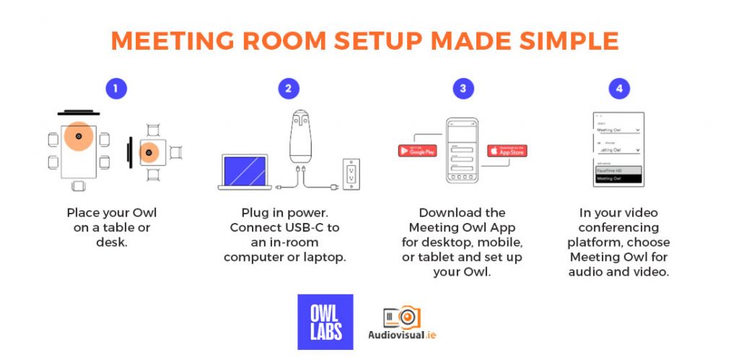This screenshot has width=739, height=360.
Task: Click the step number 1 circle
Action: (x=115, y=89)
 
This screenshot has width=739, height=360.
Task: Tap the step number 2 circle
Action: (x=289, y=89)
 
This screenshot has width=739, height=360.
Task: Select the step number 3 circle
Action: (x=463, y=89)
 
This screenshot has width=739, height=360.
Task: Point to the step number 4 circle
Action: (x=618, y=89)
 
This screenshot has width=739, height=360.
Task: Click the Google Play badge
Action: (x=417, y=151)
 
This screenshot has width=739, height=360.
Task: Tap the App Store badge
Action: (x=507, y=151)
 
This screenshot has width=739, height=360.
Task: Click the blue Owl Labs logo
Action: (x=325, y=322)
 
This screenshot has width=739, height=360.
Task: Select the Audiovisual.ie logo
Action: (x=402, y=322)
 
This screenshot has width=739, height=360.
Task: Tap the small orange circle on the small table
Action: (x=149, y=153)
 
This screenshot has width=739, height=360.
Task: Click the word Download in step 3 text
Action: (x=445, y=213)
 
